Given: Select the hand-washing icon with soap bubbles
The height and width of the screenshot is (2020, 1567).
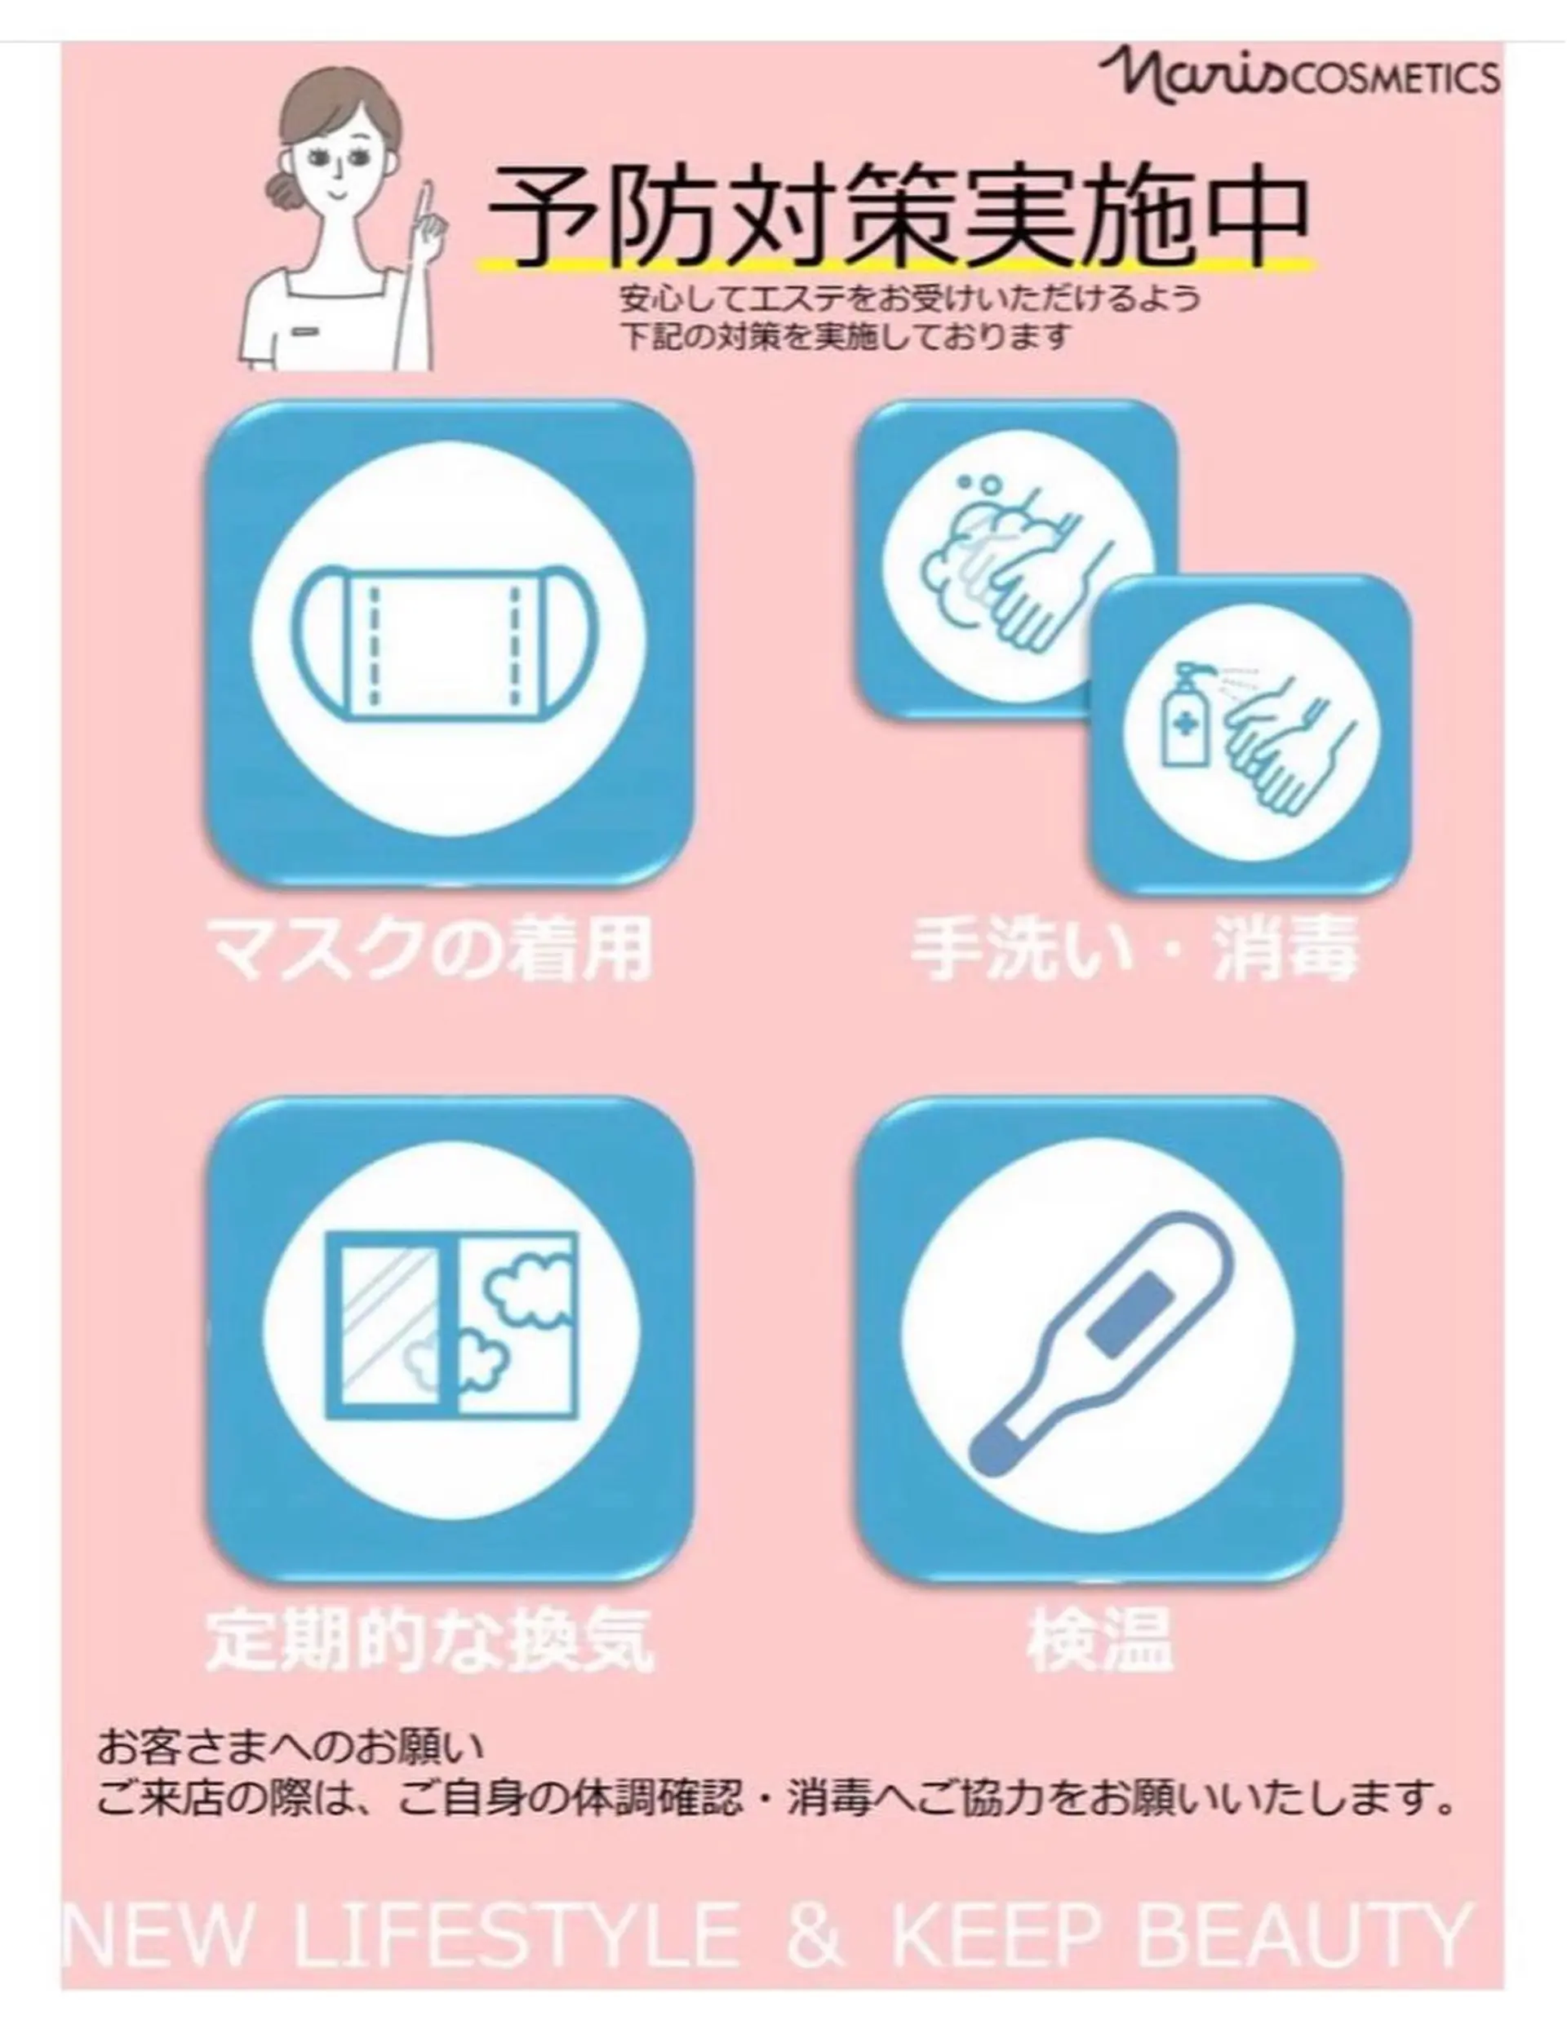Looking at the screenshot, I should [1008, 565].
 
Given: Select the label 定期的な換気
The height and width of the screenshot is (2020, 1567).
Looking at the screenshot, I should [429, 1639].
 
